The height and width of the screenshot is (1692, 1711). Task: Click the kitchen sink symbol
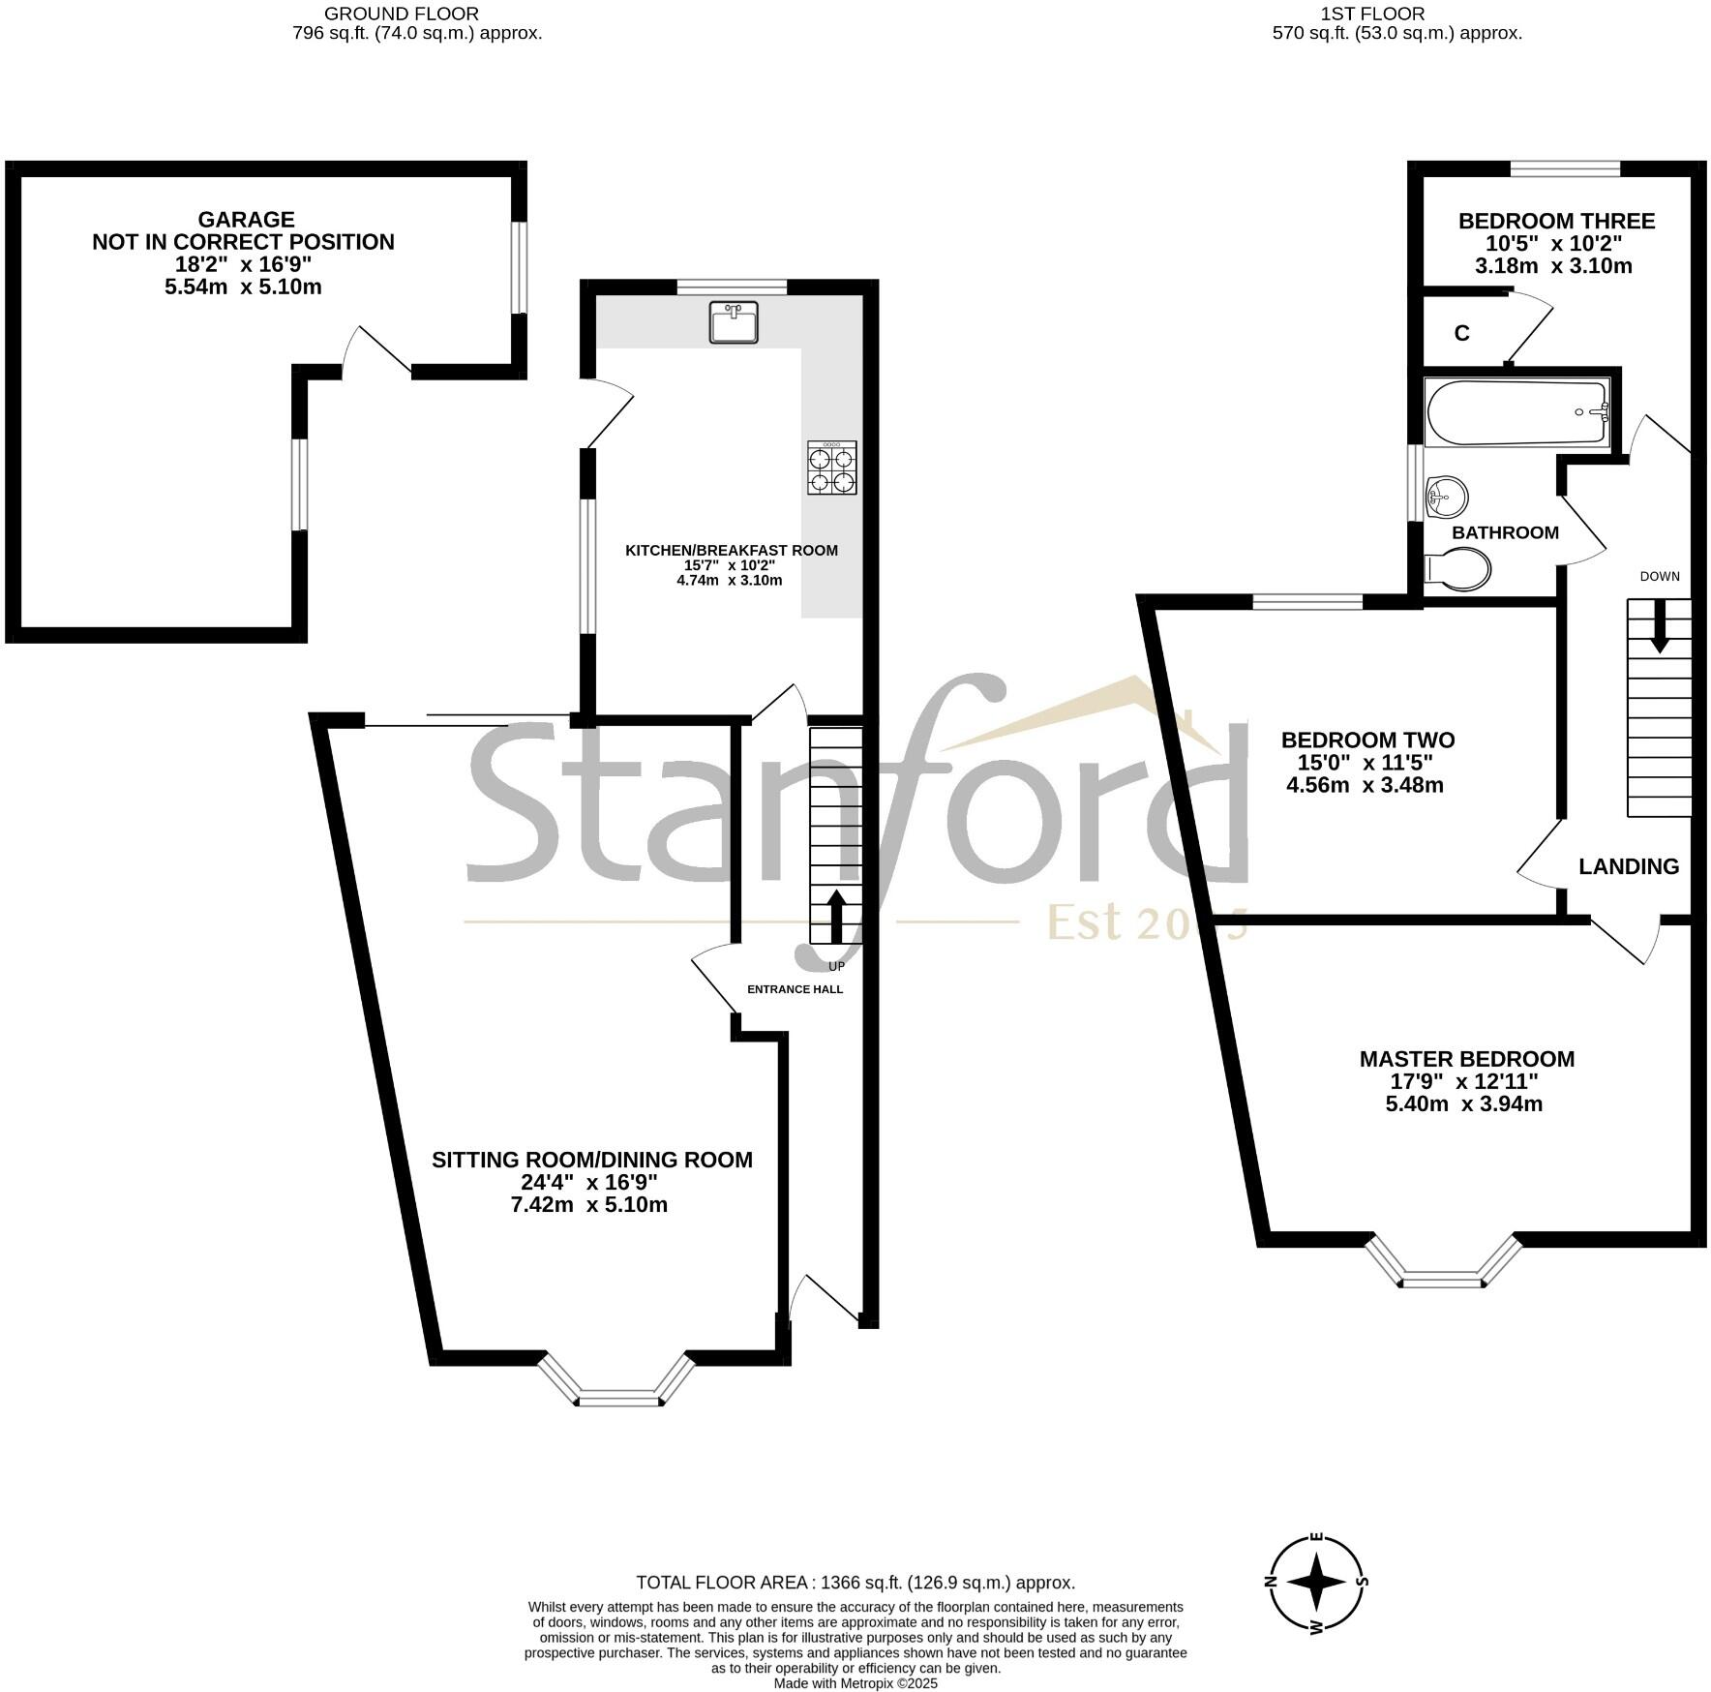pos(734,322)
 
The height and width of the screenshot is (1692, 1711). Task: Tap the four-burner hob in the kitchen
pos(832,468)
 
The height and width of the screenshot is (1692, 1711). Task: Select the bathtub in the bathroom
pos(1516,411)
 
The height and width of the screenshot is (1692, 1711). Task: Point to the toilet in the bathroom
pos(1458,570)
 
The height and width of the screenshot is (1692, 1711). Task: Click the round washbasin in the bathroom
pos(1447,498)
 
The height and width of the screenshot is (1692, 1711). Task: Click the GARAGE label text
pos(246,220)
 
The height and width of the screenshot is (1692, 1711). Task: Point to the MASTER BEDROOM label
pos(1466,1059)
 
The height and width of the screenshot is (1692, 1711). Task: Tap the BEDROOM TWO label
pos(1367,740)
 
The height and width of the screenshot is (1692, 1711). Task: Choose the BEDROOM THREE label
pos(1556,221)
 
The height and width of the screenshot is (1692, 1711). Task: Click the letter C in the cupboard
pos(1461,333)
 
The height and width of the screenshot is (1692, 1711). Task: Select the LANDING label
pos(1629,866)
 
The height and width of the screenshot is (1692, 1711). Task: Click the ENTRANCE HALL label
pos(795,989)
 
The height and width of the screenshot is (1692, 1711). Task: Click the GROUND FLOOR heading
pos(402,14)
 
